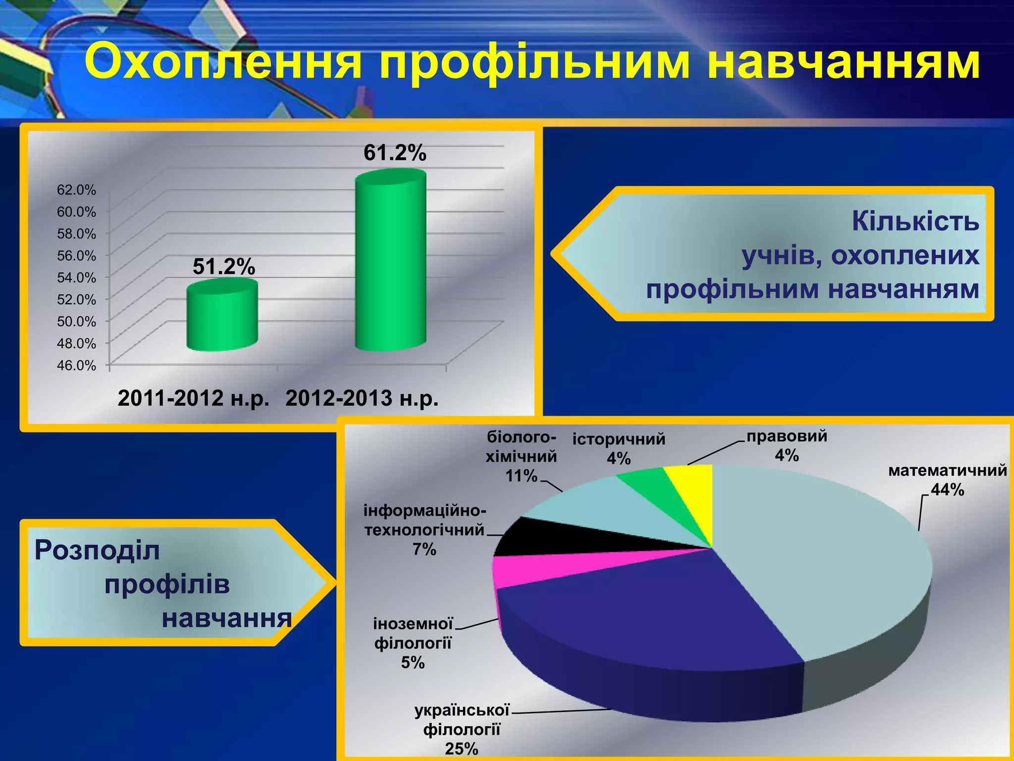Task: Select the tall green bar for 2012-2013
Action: click(391, 263)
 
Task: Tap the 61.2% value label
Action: click(395, 153)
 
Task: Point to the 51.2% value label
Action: click(224, 267)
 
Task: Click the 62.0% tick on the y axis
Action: click(76, 190)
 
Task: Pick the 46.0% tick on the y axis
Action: click(76, 366)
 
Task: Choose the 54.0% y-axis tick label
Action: click(76, 277)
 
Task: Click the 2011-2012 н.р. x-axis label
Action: click(194, 398)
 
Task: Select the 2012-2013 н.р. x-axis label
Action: click(362, 398)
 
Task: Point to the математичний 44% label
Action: click(947, 480)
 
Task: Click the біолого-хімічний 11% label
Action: click(521, 456)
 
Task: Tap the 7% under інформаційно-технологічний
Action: click(424, 549)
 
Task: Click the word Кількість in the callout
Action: click(915, 221)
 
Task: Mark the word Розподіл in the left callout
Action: click(97, 550)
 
